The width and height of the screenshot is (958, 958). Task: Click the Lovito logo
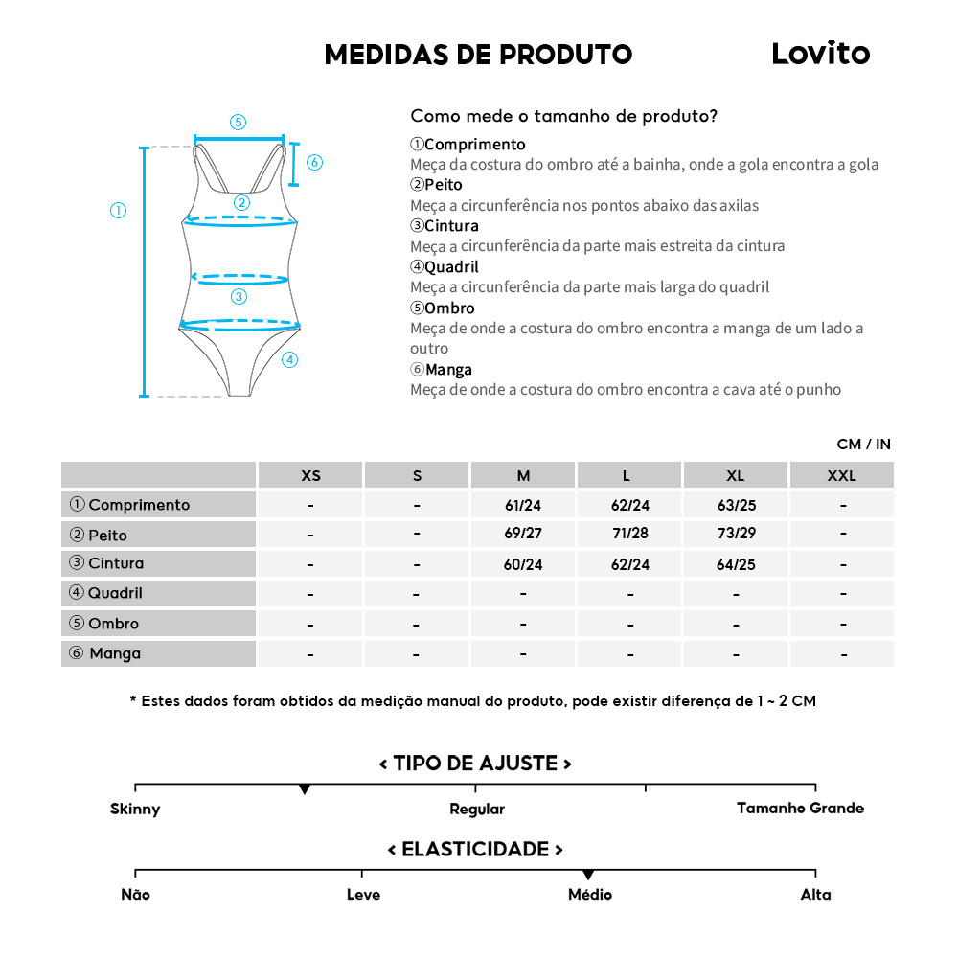point(820,54)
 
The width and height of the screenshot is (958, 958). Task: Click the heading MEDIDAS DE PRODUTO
point(478,55)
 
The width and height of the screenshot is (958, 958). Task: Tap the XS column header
point(310,475)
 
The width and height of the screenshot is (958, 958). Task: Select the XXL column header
point(842,475)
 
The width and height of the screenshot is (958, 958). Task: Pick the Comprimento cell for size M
point(523,505)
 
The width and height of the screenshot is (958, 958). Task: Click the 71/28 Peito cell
point(629,535)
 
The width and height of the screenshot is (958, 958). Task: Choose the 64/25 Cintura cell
point(736,564)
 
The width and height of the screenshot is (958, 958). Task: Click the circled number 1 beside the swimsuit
point(119,211)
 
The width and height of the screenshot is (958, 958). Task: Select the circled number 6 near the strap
point(314,162)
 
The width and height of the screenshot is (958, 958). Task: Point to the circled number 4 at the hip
point(290,360)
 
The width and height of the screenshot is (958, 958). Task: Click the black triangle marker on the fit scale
point(305,789)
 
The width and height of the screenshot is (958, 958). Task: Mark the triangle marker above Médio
point(588,875)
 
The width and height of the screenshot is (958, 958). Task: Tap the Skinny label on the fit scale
point(135,809)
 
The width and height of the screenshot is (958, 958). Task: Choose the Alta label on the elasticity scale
point(815,895)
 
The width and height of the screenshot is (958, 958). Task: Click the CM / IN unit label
point(863,445)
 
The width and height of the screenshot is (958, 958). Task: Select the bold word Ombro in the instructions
point(449,308)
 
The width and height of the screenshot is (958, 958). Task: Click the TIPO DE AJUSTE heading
point(475,764)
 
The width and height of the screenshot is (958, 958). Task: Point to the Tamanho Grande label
point(800,808)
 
